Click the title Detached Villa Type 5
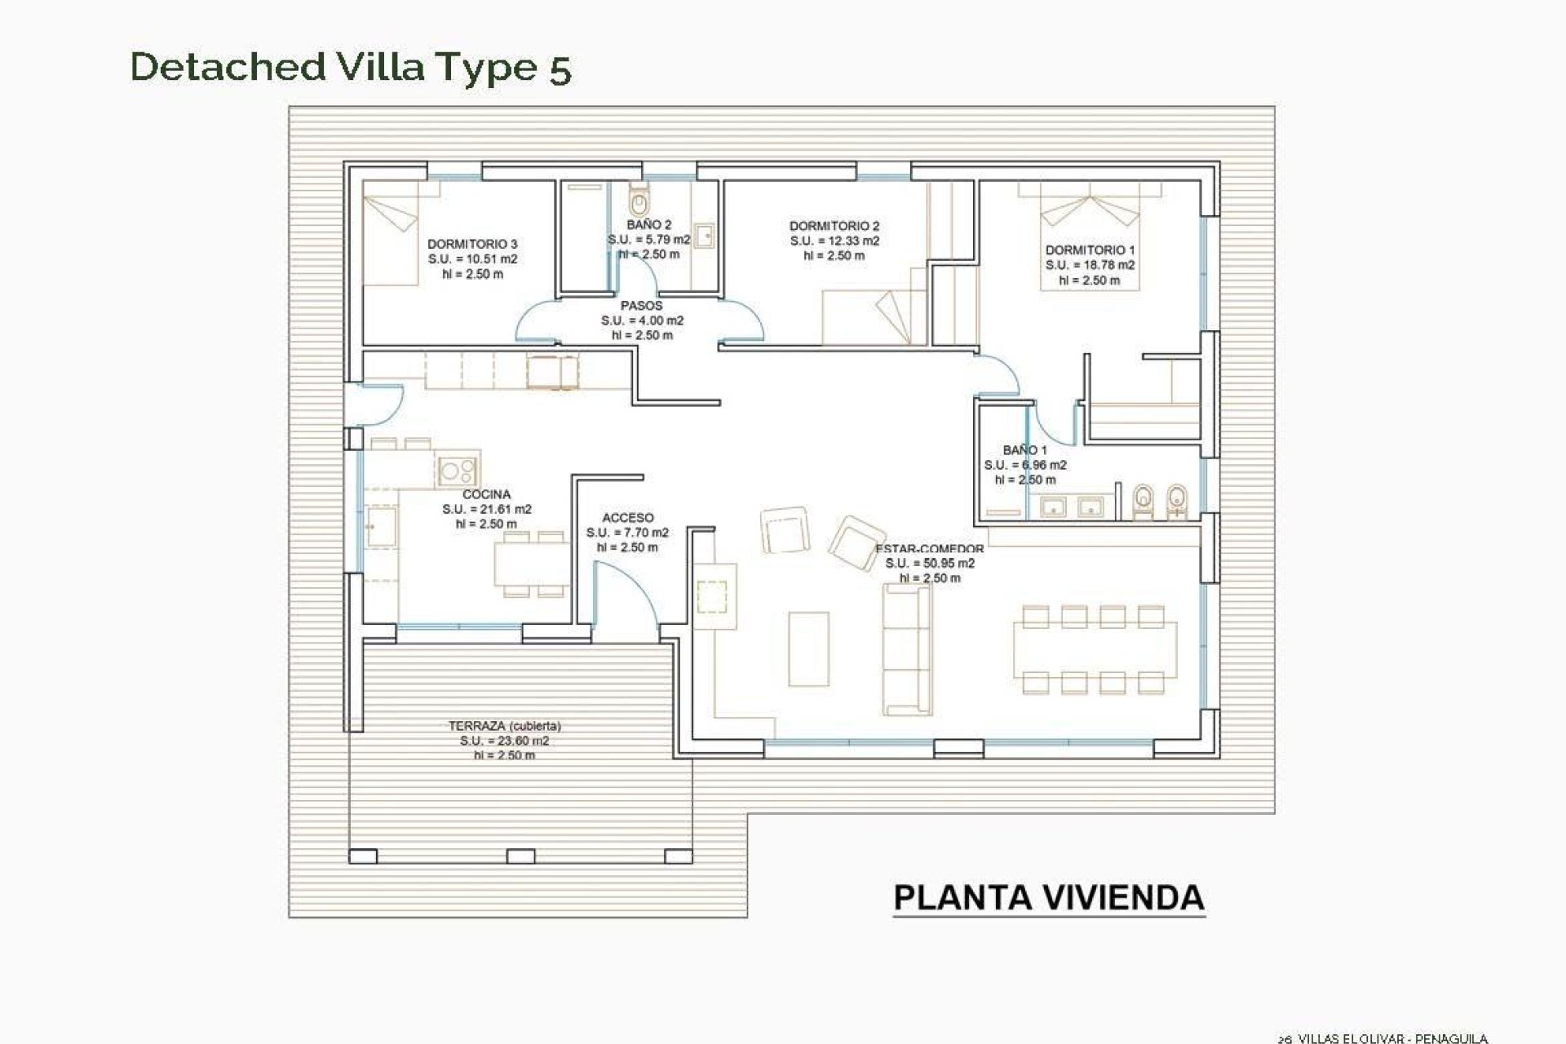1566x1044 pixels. [x=351, y=67]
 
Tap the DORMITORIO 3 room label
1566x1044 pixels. [x=472, y=244]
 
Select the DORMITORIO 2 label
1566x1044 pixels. [x=834, y=226]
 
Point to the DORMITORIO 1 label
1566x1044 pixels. [x=1090, y=250]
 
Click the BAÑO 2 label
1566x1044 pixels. [x=649, y=225]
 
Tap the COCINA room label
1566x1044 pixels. [x=486, y=494]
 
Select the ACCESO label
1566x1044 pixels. [x=627, y=518]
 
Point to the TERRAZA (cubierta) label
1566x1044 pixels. [x=504, y=726]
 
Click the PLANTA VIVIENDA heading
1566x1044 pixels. [x=1048, y=897]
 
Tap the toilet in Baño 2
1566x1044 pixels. [x=639, y=198]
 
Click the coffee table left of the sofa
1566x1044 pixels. [x=808, y=648]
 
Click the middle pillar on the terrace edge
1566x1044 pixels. [x=520, y=856]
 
